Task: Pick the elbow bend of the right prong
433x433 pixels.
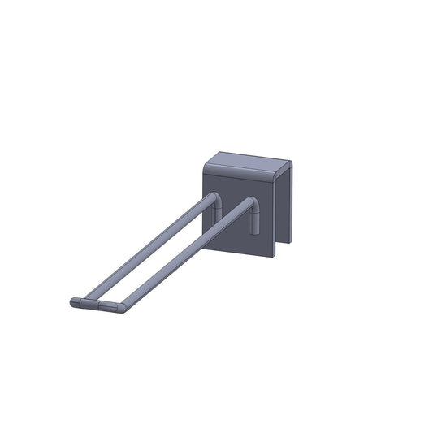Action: point(251,202)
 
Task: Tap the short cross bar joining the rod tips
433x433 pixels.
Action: point(97,305)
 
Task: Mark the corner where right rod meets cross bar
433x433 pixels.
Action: point(120,307)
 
